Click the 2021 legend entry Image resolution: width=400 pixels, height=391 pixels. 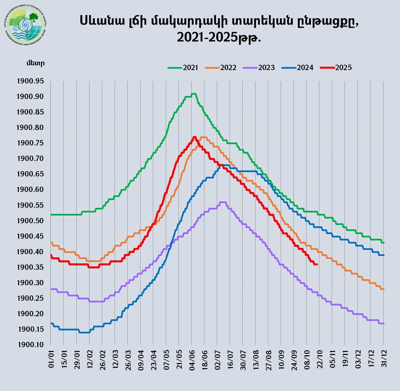(183, 68)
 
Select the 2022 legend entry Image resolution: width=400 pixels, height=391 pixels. (221, 68)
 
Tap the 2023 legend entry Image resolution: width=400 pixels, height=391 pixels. (259, 68)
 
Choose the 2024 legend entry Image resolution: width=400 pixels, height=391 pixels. (298, 68)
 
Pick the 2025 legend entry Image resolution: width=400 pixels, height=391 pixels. (336, 68)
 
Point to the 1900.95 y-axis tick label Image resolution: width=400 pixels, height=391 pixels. (30, 81)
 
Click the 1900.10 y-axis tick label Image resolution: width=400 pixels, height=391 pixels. (30, 345)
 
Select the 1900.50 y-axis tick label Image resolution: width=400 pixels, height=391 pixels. (30, 221)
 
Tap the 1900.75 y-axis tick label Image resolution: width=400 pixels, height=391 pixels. (30, 143)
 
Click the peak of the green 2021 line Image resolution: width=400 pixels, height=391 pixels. (193, 94)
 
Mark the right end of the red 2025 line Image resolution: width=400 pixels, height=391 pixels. (317, 264)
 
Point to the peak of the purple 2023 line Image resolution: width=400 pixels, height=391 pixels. (223, 202)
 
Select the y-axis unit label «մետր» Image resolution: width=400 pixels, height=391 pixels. (35, 63)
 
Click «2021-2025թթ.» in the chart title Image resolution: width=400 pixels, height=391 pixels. (219, 37)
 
